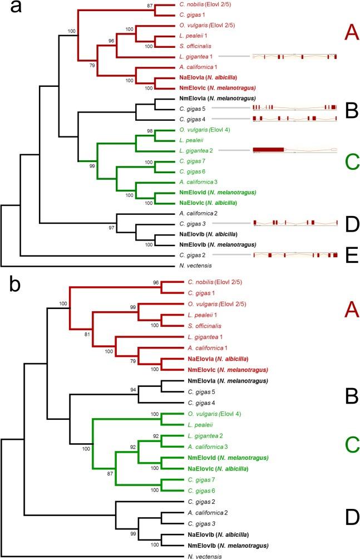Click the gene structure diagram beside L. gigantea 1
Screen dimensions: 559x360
pyautogui.click(x=295, y=57)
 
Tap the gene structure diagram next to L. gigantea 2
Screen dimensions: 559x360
pyautogui.click(x=295, y=150)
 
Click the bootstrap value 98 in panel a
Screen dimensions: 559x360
pyautogui.click(x=149, y=130)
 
